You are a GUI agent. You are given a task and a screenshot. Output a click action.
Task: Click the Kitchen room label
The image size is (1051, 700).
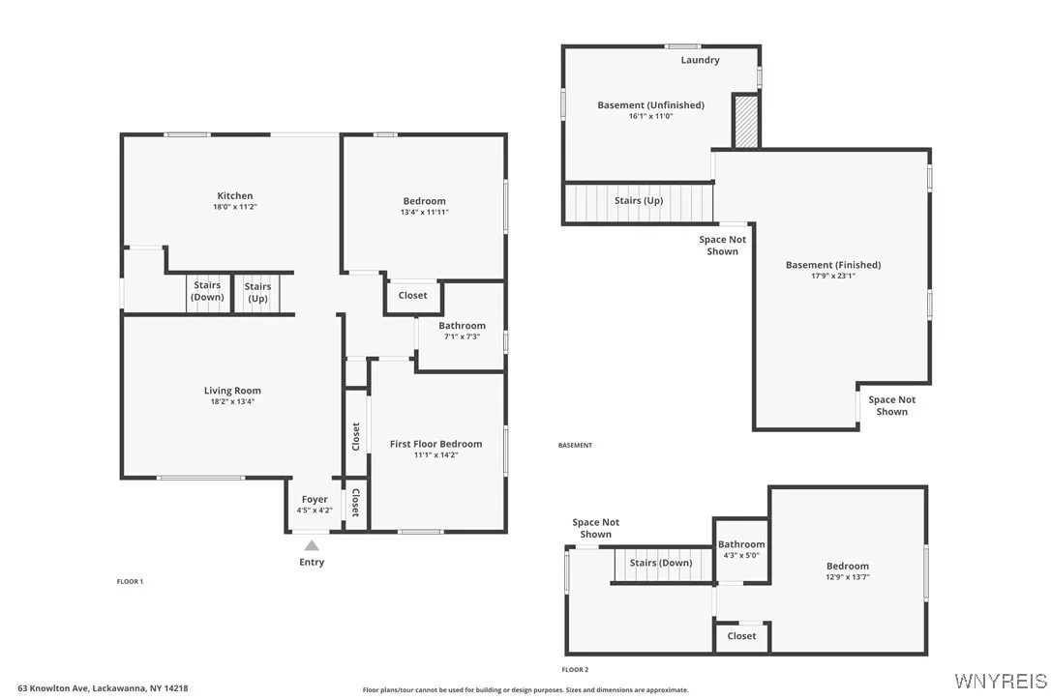click(x=234, y=195)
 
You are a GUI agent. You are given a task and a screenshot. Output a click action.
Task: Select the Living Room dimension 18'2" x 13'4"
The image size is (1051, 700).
click(x=232, y=401)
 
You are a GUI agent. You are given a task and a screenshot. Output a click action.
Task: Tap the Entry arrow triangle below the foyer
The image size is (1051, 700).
click(x=312, y=546)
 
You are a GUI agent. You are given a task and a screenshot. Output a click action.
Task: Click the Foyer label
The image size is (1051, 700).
click(x=315, y=500)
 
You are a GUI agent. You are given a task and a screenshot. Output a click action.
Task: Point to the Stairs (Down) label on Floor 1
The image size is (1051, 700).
click(x=207, y=291)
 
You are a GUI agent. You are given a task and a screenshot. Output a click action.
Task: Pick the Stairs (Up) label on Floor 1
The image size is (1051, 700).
click(x=257, y=292)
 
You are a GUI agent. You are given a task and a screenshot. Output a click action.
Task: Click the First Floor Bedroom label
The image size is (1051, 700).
click(x=435, y=444)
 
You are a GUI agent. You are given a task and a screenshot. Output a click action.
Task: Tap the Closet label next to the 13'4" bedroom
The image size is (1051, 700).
click(x=412, y=295)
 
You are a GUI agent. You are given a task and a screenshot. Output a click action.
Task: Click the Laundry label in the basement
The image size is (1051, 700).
click(x=700, y=60)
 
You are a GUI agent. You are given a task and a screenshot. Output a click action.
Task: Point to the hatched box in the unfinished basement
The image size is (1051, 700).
click(x=745, y=122)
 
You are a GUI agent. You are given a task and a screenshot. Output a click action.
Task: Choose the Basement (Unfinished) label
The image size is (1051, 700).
click(x=650, y=104)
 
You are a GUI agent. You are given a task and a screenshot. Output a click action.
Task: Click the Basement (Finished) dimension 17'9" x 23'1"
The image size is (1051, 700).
click(x=833, y=276)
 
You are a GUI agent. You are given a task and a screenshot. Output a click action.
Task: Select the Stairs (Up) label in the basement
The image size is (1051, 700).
click(x=639, y=201)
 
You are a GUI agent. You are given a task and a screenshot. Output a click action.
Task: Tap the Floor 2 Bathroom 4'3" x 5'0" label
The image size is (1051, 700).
click(x=741, y=549)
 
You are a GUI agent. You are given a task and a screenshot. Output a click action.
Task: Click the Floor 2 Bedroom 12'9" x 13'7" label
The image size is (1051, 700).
click(x=847, y=571)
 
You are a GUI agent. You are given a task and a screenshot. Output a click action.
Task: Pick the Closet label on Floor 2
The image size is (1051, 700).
click(x=741, y=635)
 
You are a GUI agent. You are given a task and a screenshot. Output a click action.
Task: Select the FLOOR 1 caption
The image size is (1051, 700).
click(x=130, y=581)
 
